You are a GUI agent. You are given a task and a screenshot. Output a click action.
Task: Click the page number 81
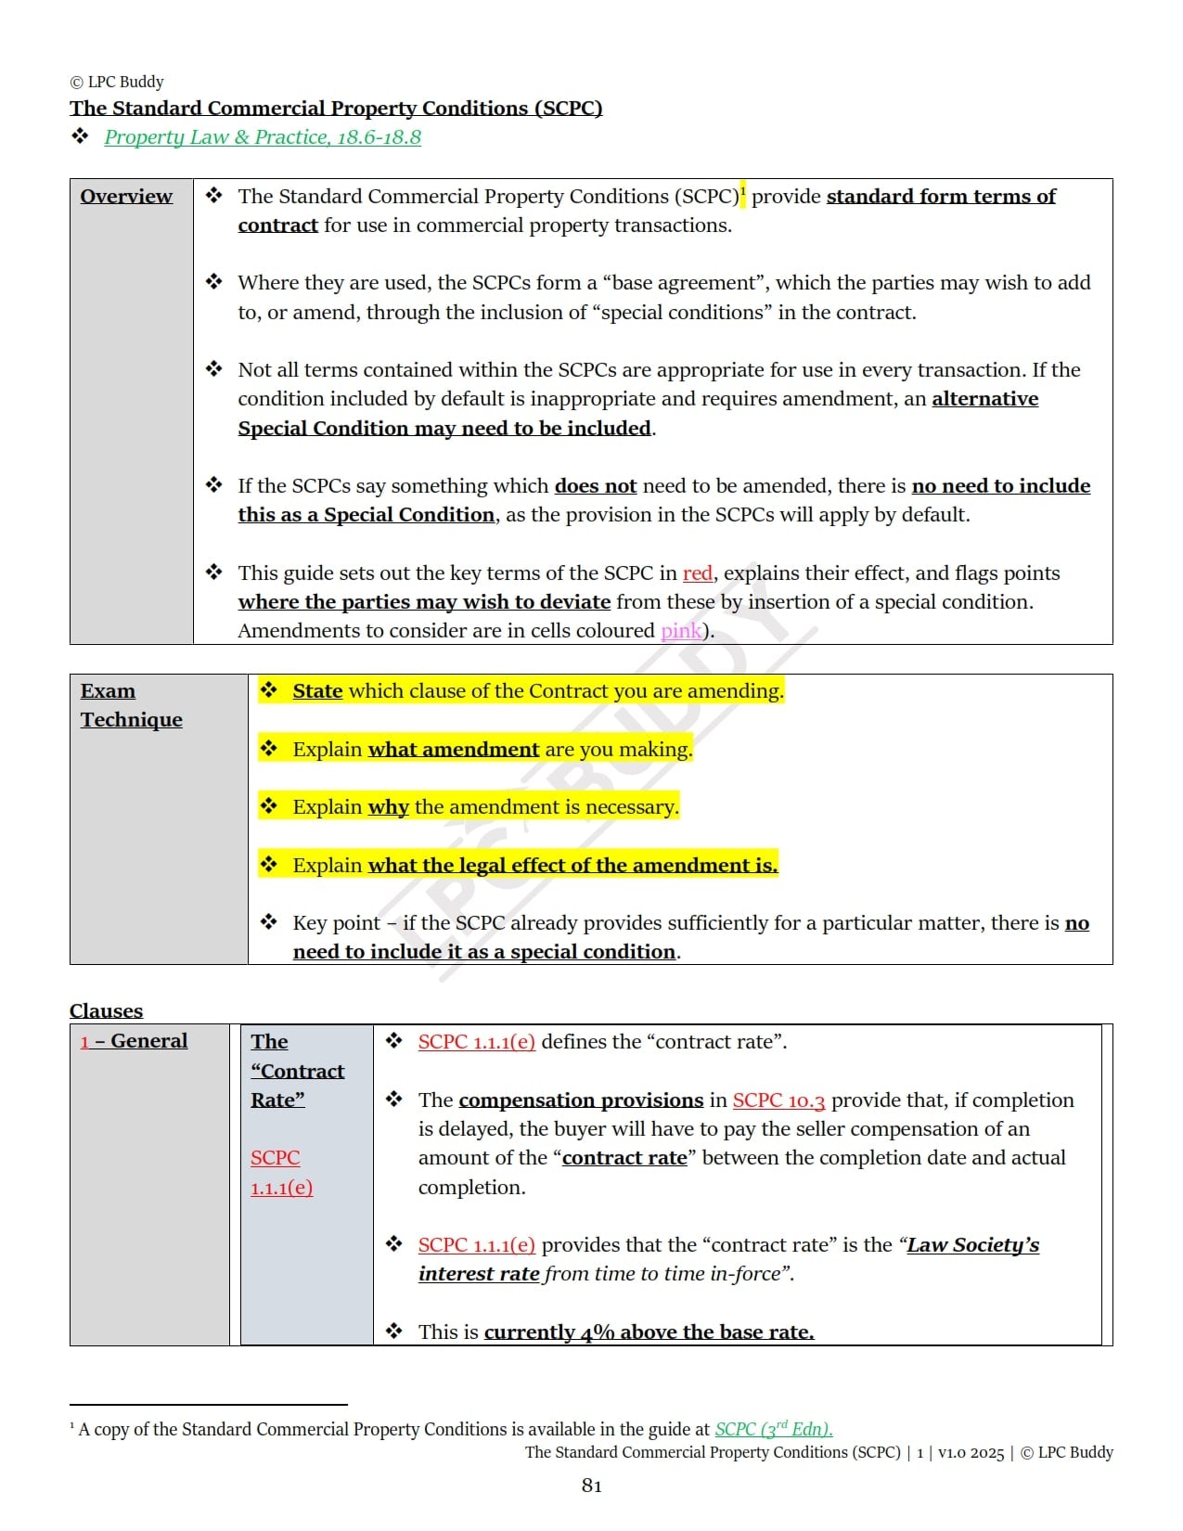click(591, 1486)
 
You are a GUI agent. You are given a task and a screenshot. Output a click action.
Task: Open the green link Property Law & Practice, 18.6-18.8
click(263, 137)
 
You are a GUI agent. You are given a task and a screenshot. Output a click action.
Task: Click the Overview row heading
click(126, 196)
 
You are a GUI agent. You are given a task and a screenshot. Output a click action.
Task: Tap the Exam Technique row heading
click(131, 705)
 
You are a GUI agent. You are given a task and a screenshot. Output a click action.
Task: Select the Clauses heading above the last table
click(106, 1010)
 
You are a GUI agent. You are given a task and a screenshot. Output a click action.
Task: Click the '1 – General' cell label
click(134, 1041)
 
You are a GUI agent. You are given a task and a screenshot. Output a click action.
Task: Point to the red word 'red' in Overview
click(697, 573)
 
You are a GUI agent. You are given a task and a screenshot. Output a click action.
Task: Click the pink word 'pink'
click(681, 631)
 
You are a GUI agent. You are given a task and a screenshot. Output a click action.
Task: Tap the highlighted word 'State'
click(317, 691)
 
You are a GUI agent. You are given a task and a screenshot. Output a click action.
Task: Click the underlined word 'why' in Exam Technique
click(388, 807)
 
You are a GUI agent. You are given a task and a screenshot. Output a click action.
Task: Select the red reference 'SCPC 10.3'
click(778, 1100)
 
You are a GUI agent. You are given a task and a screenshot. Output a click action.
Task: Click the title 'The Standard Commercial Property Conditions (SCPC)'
click(336, 109)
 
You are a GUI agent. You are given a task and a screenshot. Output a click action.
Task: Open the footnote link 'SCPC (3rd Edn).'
click(773, 1430)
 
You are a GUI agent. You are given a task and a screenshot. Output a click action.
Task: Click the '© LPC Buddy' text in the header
click(117, 82)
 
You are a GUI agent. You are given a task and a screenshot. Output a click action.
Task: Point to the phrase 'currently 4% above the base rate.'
click(649, 1332)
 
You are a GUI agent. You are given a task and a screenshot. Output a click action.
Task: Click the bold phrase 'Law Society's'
click(972, 1245)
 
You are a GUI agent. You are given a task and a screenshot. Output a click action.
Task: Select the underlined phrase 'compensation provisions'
click(581, 1100)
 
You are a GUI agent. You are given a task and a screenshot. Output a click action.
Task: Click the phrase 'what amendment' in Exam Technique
click(453, 750)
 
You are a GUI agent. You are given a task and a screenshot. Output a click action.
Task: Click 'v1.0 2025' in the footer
click(971, 1453)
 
